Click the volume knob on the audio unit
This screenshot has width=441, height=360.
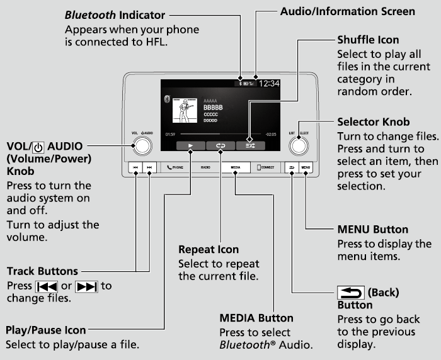[x=142, y=145]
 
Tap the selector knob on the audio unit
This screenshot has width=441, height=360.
[x=299, y=145]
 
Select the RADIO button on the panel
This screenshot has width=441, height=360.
[x=205, y=168]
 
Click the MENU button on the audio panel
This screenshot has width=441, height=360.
[x=306, y=168]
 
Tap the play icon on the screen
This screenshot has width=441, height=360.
[x=190, y=145]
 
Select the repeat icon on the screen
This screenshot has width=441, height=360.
[x=220, y=145]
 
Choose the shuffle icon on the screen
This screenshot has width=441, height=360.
[x=249, y=145]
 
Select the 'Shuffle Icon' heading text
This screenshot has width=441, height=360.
[x=368, y=40]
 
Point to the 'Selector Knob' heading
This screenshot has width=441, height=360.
[x=373, y=121]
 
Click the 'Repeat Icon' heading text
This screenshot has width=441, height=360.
[x=208, y=250]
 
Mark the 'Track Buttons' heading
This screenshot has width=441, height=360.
[x=42, y=271]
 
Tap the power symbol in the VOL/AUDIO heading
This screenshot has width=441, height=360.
[x=39, y=146]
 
